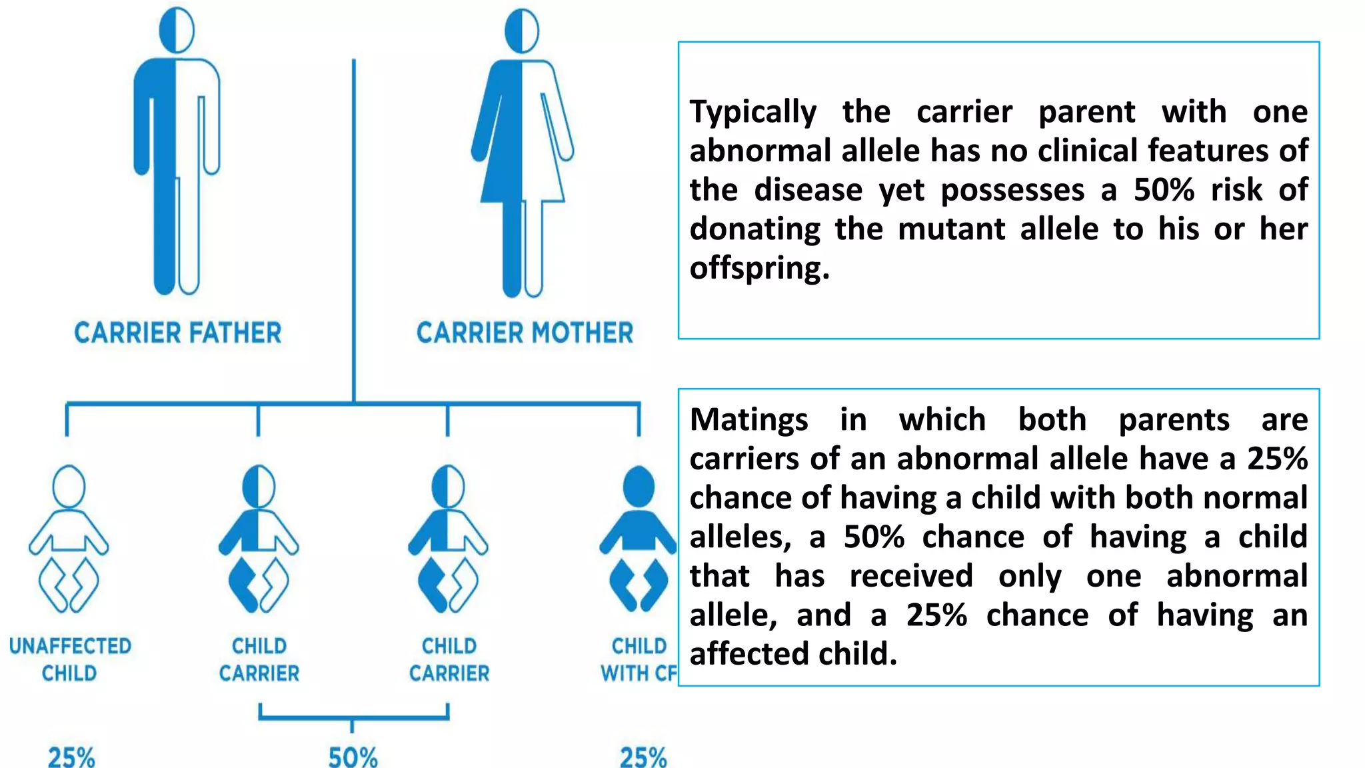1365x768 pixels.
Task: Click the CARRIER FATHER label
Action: [x=177, y=333]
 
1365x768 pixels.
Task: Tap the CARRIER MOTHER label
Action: [x=525, y=333]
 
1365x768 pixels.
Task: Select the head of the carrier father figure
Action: [x=177, y=31]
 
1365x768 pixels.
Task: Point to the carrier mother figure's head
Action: [x=522, y=31]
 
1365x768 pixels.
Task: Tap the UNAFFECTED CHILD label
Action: [x=70, y=659]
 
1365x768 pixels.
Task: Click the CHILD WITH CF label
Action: [x=639, y=659]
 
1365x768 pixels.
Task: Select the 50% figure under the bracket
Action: [x=353, y=757]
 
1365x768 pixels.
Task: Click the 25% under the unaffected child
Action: [x=71, y=757]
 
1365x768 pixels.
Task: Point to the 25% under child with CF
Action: [x=643, y=757]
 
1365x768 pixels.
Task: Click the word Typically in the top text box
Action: [x=752, y=111]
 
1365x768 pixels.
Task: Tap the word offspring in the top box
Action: [x=759, y=268]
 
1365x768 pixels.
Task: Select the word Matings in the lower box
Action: [x=748, y=420]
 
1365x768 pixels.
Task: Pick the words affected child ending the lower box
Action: [x=793, y=654]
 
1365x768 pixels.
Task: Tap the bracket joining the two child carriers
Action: [x=353, y=717]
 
